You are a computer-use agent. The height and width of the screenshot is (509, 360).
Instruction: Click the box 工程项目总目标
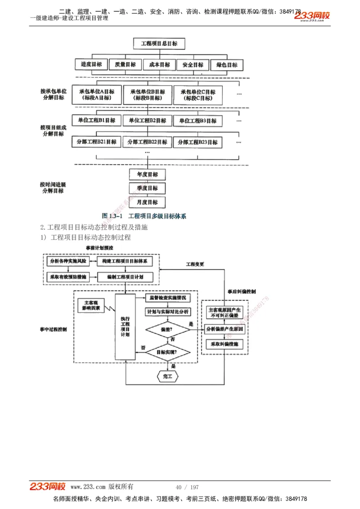tap(159, 44)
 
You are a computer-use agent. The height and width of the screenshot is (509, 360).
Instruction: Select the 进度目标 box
tap(91, 64)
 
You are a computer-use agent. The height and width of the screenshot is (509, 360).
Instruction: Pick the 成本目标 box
tap(159, 65)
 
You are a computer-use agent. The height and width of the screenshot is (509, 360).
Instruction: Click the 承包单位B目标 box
tap(148, 94)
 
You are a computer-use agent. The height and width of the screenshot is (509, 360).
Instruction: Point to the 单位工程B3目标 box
tap(198, 121)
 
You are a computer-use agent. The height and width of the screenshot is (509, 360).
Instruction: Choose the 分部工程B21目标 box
tap(96, 142)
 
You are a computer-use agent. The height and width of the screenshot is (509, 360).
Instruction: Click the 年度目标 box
tap(147, 174)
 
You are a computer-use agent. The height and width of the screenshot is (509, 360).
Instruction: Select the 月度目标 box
tap(147, 202)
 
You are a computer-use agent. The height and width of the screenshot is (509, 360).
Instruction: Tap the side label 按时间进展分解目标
tap(53, 188)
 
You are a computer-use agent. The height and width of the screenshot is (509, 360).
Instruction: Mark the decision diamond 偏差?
tap(167, 329)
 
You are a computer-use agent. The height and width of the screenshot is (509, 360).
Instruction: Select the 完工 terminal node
tap(167, 375)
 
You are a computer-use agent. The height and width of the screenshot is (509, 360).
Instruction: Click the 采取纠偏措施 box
tap(224, 344)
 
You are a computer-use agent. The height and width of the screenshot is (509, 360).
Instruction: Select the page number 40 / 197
tap(187, 487)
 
